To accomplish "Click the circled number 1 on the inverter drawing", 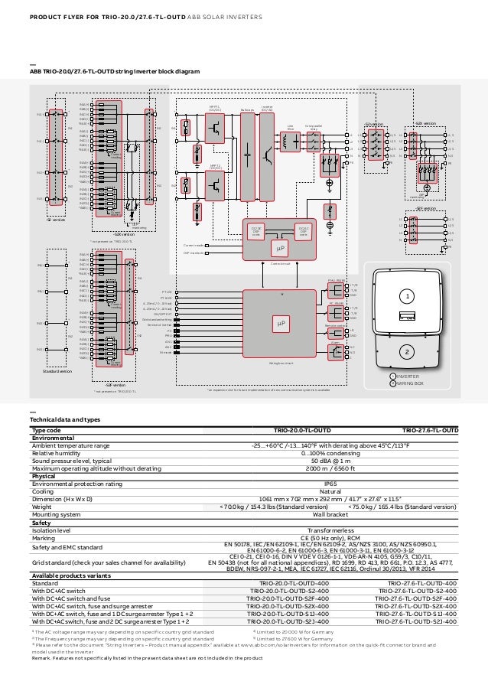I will pyautogui.click(x=408, y=295).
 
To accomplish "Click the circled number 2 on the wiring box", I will pyautogui.click(x=408, y=352).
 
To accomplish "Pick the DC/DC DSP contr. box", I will pyautogui.click(x=257, y=230).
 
